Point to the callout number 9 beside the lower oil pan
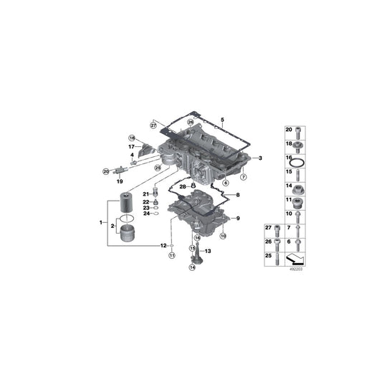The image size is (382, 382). click(237, 218)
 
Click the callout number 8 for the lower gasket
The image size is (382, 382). click(237, 195)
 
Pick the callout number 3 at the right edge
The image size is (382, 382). click(260, 158)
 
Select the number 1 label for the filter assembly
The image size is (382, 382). click(101, 224)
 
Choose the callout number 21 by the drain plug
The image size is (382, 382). click(144, 194)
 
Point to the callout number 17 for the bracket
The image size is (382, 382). click(131, 147)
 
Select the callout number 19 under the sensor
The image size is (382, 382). click(120, 182)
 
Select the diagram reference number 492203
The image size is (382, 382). click(296, 271)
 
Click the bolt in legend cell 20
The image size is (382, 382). click(300, 130)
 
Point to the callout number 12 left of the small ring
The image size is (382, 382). click(163, 244)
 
